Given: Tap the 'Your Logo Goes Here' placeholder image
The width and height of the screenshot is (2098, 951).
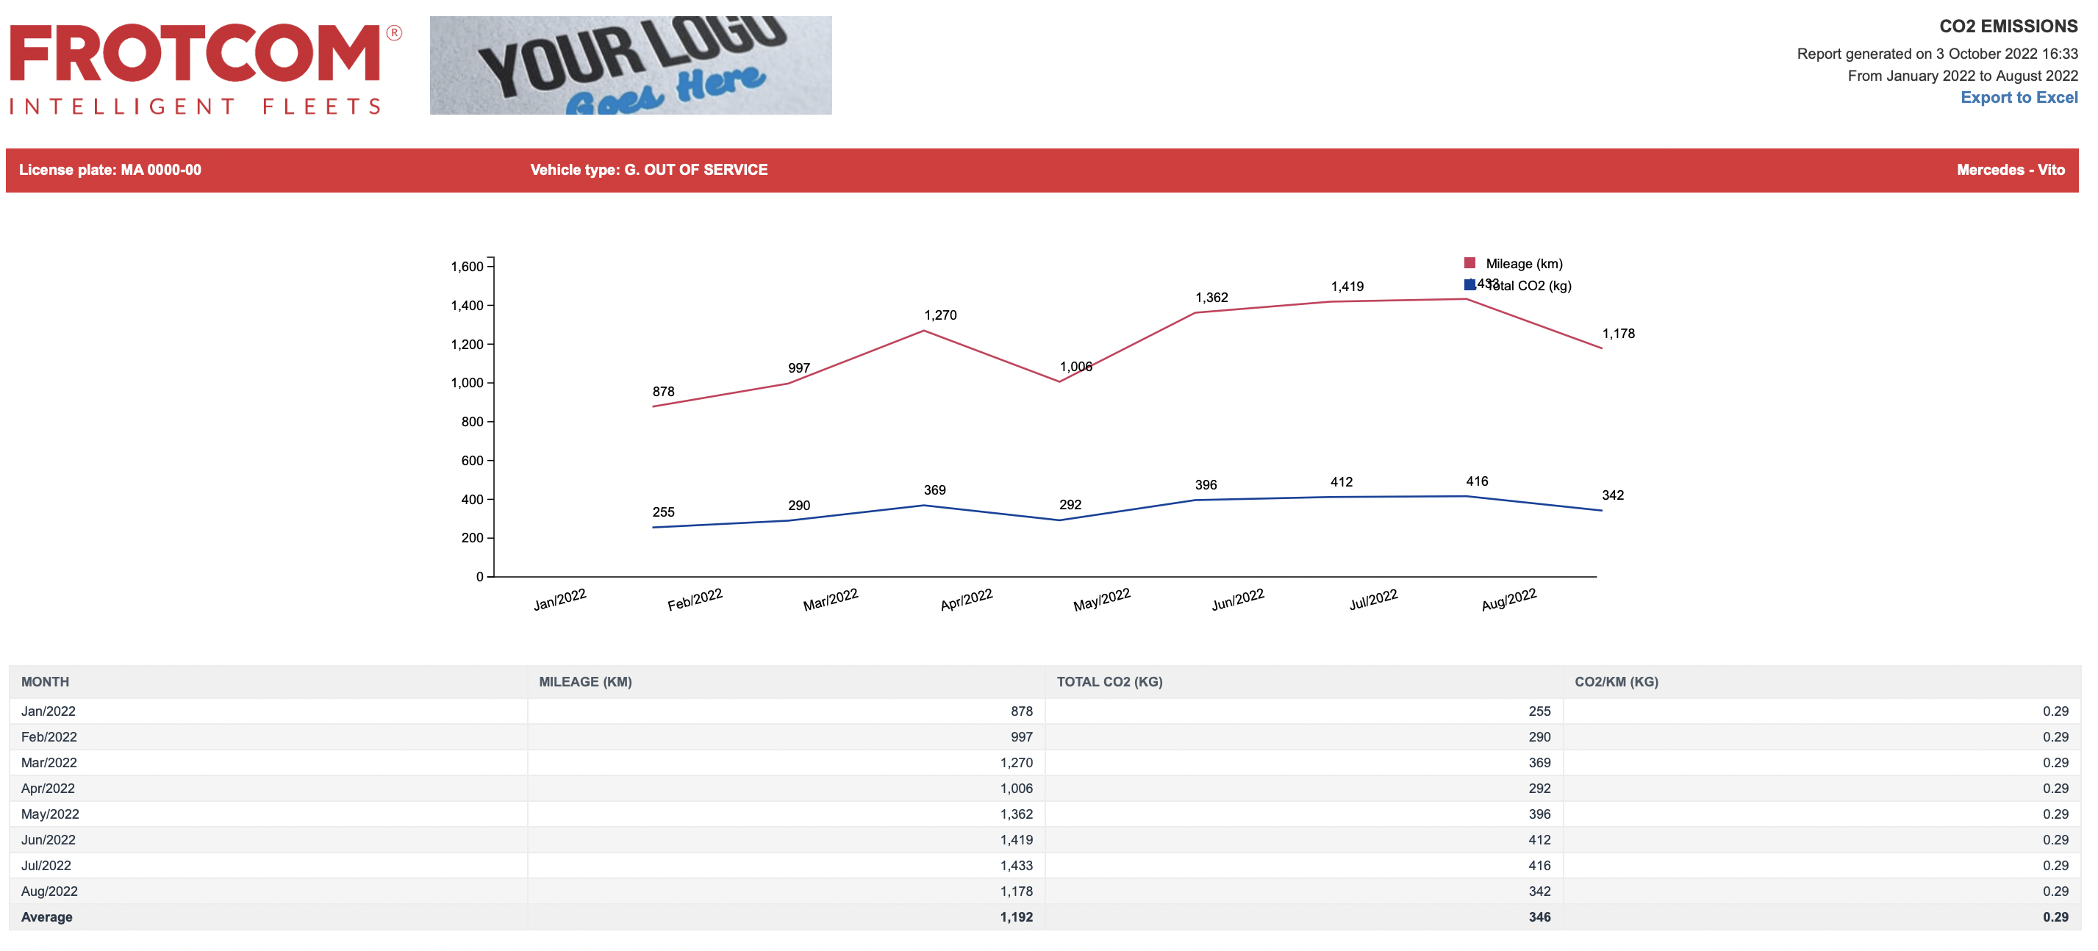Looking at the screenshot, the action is click(x=631, y=65).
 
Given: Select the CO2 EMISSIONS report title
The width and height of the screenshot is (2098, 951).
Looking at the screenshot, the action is click(x=2008, y=26).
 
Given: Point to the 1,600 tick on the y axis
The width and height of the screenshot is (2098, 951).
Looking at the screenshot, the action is click(x=467, y=266).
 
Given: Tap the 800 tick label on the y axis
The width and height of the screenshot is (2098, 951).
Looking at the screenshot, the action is click(x=473, y=422).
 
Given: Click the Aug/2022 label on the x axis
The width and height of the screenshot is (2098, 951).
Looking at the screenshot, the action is click(x=1508, y=599).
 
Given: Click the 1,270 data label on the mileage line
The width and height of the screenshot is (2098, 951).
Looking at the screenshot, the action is click(x=940, y=315).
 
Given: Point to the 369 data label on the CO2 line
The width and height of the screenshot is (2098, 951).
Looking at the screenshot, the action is click(x=934, y=490).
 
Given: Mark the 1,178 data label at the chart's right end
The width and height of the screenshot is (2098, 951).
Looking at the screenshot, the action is click(x=1617, y=334).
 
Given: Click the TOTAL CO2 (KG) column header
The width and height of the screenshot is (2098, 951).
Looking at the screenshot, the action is click(x=1109, y=682).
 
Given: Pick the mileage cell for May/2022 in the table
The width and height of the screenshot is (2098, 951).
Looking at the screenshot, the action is click(x=1017, y=814).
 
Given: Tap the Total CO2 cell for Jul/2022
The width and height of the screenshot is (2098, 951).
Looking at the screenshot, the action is click(x=1539, y=866).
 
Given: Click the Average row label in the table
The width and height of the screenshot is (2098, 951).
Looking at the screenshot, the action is click(x=46, y=916).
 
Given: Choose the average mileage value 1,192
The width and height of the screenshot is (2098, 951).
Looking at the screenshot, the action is click(x=1017, y=916).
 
